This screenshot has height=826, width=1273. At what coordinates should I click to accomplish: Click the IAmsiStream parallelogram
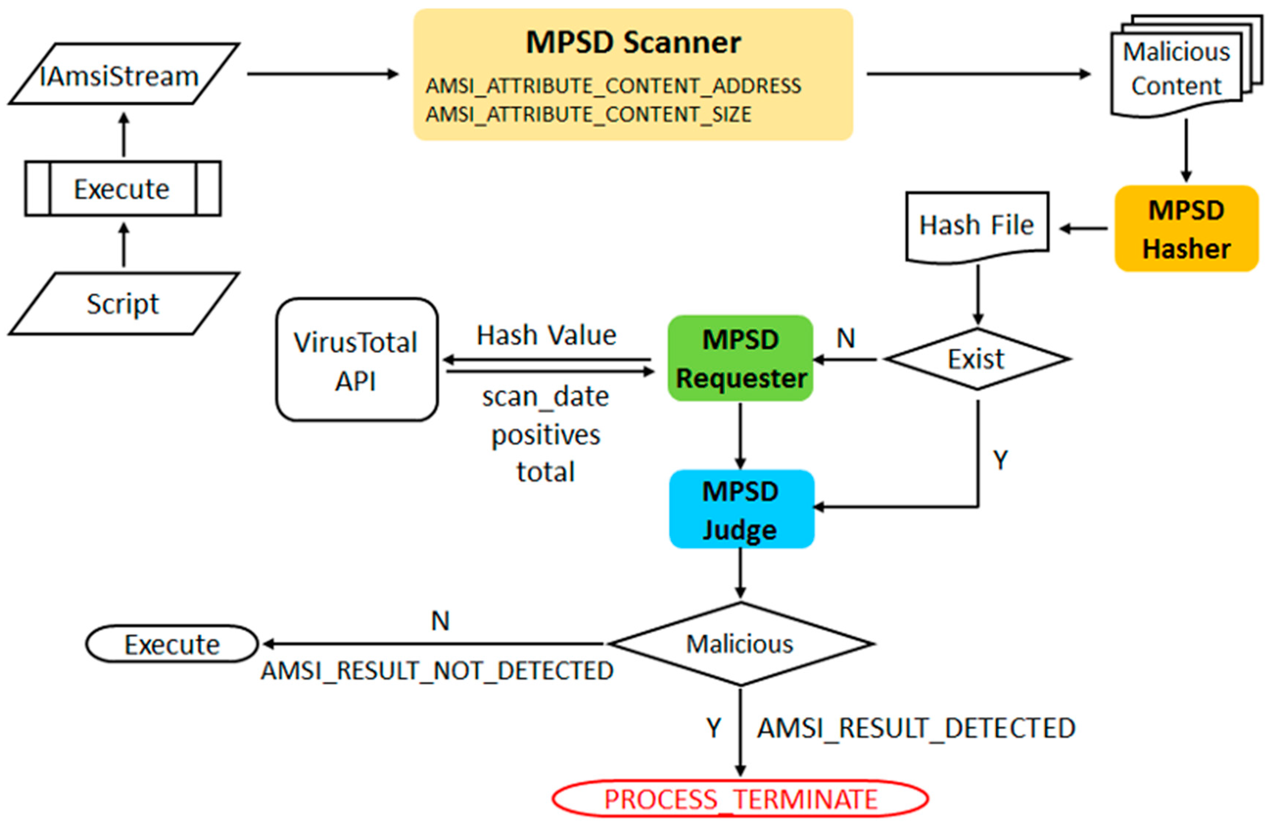[123, 74]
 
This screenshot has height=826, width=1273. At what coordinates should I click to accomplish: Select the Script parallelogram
[123, 304]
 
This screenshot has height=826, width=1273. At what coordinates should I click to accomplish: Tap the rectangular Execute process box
[123, 189]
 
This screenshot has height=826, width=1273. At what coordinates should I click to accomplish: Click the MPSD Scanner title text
[633, 42]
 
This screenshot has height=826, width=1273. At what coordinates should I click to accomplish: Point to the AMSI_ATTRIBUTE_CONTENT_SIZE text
[588, 114]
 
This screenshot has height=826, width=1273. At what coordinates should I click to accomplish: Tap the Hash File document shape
[977, 226]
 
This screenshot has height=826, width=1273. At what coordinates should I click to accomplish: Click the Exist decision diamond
[977, 359]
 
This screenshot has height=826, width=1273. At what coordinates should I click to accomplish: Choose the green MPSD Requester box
[740, 359]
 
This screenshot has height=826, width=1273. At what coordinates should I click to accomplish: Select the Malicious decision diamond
[740, 644]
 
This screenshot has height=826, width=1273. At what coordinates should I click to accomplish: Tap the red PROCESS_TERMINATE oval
[740, 799]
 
